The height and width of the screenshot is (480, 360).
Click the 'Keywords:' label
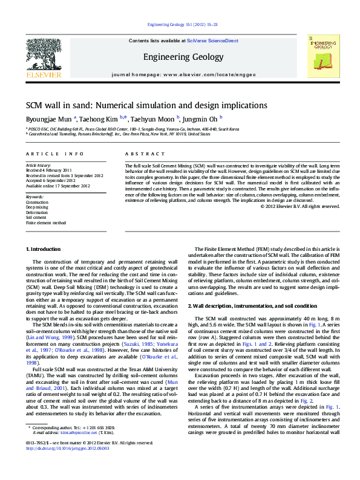coord(34,197)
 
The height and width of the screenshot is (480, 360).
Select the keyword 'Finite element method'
coord(45,223)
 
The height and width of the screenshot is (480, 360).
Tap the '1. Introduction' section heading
coord(44,249)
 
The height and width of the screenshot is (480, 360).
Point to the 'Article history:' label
coord(38,165)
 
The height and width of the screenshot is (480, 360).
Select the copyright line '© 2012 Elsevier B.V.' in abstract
coord(300,207)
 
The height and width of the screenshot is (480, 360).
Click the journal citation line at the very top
coord(180,25)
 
